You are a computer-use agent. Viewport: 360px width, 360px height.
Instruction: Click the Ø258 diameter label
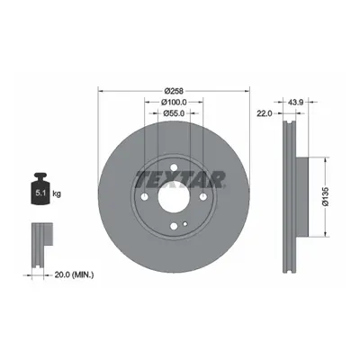point(174,90)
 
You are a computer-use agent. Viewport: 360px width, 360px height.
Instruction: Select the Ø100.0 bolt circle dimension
point(174,103)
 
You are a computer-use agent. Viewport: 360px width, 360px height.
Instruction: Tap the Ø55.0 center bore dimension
point(174,113)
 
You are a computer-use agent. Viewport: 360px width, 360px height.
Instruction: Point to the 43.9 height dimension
point(296,103)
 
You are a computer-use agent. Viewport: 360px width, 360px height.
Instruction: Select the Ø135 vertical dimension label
point(326,196)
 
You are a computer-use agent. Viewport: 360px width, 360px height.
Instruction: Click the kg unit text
point(57,193)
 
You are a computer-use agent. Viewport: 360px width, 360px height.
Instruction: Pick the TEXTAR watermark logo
point(181,179)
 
